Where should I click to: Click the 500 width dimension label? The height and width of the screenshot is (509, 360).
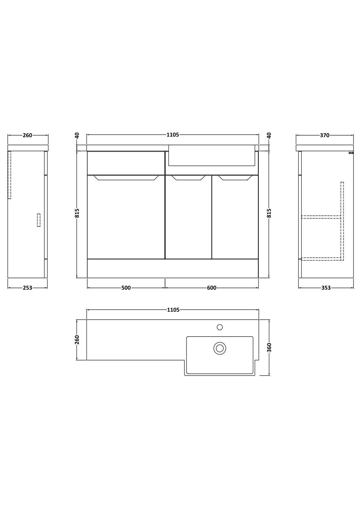click(x=126, y=288)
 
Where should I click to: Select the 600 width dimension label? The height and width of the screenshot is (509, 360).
click(x=211, y=288)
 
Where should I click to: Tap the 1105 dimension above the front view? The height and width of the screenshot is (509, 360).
click(x=173, y=135)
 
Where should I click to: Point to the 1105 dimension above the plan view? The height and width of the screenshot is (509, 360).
click(x=173, y=310)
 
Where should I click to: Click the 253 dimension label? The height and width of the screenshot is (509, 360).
click(x=28, y=288)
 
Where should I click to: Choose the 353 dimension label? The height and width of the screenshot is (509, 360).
click(x=326, y=288)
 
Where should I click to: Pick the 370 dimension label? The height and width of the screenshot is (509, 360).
click(x=325, y=135)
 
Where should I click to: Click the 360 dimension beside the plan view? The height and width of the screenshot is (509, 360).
click(x=269, y=348)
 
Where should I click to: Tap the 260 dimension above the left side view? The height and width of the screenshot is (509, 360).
click(x=28, y=135)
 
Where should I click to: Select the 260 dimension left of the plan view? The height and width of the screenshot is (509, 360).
click(x=77, y=340)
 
